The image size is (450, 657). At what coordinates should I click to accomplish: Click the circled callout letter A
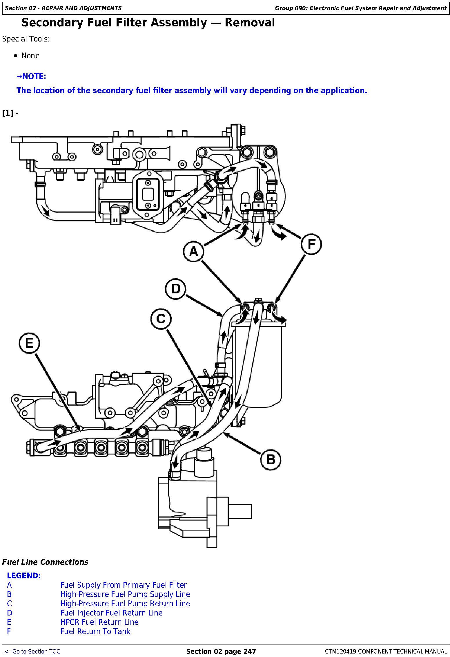tap(193, 251)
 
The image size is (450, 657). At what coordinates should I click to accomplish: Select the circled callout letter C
tap(161, 319)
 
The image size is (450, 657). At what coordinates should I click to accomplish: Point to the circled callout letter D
tap(175, 289)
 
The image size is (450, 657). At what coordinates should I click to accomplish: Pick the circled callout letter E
tap(29, 343)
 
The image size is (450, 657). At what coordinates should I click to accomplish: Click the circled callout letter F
tap(311, 244)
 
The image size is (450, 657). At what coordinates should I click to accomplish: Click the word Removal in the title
tap(250, 23)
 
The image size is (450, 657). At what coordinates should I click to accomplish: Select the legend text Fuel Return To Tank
tap(95, 631)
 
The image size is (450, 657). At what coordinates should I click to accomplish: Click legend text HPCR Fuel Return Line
tap(99, 622)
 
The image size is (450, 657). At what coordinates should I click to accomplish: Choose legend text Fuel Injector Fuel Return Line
tap(111, 613)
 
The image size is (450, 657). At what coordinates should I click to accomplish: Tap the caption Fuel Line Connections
tap(45, 562)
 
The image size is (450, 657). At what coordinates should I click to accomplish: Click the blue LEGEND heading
tap(24, 575)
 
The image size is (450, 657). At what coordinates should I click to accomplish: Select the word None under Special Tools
tap(30, 56)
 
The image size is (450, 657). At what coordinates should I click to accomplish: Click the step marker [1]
tap(8, 113)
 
